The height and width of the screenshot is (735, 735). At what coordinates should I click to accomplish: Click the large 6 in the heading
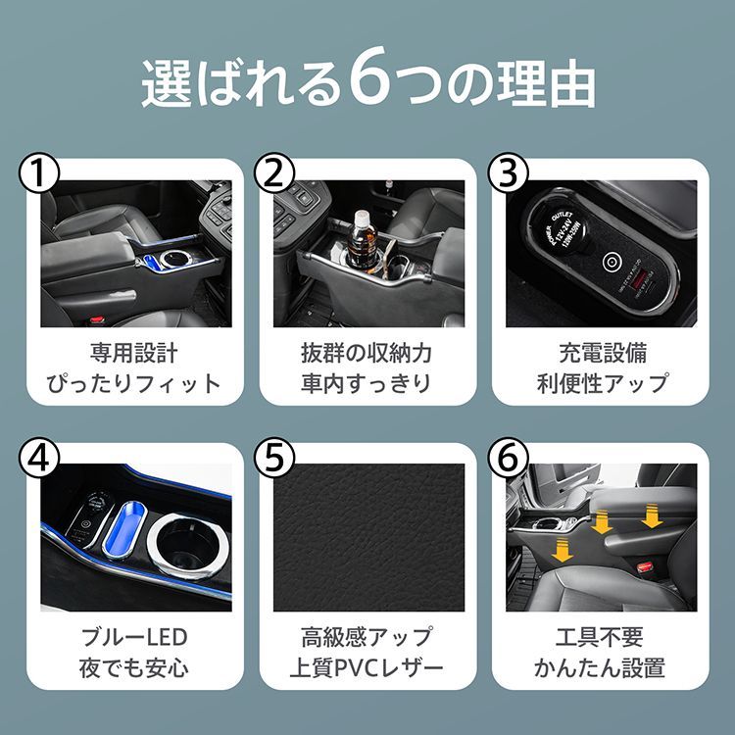click(365, 84)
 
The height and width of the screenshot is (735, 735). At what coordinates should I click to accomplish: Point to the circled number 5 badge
click(274, 459)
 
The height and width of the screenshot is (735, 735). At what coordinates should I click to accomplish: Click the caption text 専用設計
click(133, 353)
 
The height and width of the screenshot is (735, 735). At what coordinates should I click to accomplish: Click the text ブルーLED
click(133, 637)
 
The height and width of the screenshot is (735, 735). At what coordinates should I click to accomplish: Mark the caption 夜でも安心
click(133, 668)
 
